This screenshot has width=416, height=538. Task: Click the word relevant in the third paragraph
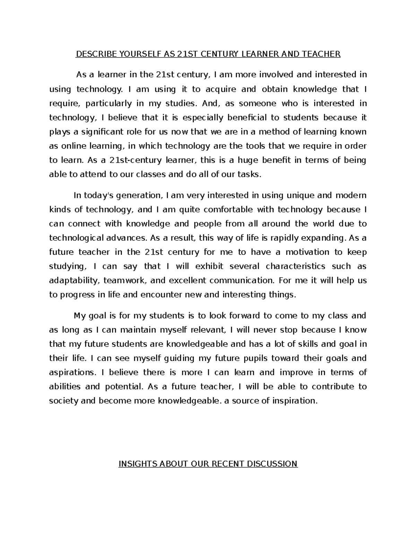[x=207, y=330]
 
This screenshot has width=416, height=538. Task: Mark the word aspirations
[x=72, y=372]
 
